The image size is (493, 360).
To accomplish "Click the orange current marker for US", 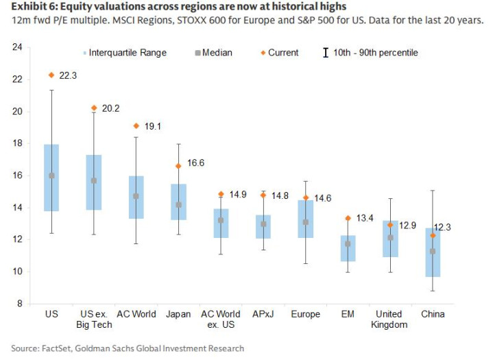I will (x=51, y=75).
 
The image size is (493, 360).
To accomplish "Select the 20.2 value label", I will (x=111, y=108).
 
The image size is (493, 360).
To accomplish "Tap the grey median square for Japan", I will (x=178, y=204).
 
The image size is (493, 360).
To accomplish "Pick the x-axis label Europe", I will (x=305, y=314).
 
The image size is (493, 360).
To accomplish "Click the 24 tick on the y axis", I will (x=17, y=47).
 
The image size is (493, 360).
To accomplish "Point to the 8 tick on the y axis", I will (x=19, y=303).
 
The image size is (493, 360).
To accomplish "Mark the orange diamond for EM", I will (x=348, y=218).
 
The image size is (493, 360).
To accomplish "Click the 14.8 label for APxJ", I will (x=280, y=195).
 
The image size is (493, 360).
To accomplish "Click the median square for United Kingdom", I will (x=390, y=237).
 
